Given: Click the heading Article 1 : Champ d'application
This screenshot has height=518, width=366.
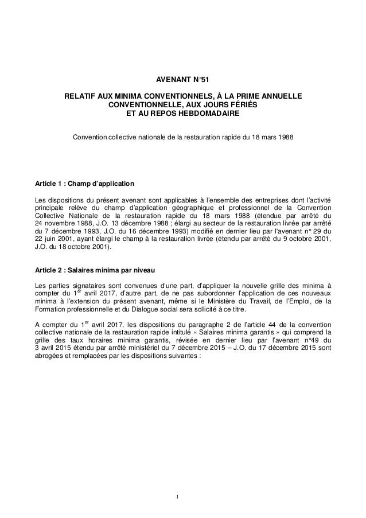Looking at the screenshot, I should tap(85, 184).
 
